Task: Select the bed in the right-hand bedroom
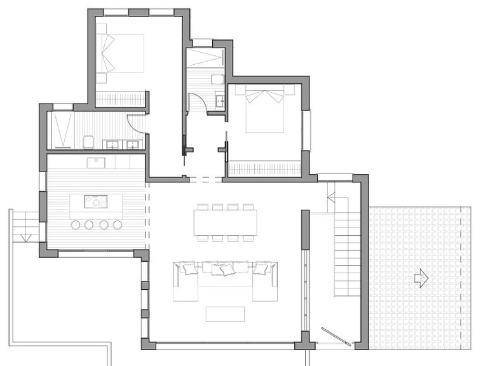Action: tap(264, 109)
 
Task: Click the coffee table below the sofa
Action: tap(225, 314)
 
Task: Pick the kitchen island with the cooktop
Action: tap(97, 202)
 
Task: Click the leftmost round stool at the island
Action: tap(75, 225)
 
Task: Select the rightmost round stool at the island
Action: tap(118, 225)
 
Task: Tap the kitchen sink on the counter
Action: tap(96, 162)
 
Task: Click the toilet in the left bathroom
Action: tap(89, 141)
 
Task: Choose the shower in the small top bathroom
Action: tap(205, 57)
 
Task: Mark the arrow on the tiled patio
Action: tap(421, 278)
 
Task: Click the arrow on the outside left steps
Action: tap(25, 237)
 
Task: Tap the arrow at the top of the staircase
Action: tap(331, 197)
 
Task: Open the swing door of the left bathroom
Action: tap(137, 123)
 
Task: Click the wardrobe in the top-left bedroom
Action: tap(120, 99)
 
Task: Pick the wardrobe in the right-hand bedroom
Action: tap(264, 168)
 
